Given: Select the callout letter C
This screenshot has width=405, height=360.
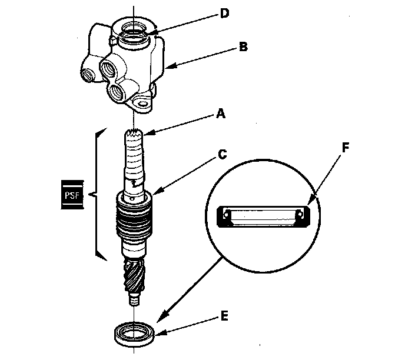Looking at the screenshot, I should pos(222,155).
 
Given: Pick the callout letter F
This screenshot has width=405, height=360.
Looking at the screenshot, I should pos(346,147).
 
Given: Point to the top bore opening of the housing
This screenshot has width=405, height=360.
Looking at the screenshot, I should pos(133,29).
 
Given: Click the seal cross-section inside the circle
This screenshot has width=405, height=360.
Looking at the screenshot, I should pos(262,215).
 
